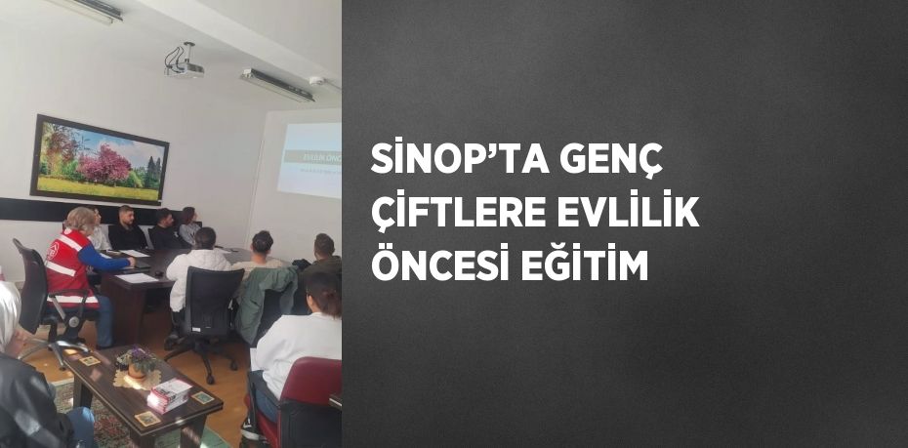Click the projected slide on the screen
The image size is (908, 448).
(310, 159)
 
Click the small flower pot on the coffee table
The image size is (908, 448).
(138, 364)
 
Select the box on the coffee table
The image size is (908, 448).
(168, 394)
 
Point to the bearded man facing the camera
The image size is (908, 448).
(126, 228)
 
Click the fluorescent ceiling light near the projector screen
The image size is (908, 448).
(277, 84)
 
